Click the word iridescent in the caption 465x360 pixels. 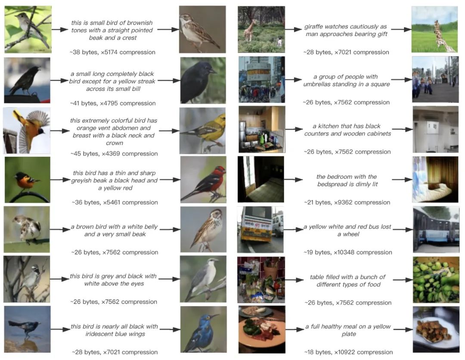tap(99, 334)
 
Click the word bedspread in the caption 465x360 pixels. tap(332, 184)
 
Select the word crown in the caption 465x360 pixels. tap(115, 143)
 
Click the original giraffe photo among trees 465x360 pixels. tap(261, 29)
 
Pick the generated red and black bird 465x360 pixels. tap(203, 180)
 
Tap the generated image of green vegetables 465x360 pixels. tap(436, 280)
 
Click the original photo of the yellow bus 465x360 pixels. tap(260, 230)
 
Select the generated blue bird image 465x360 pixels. tap(203, 329)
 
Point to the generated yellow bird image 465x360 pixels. tap(202, 131)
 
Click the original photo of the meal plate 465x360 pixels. tap(262, 329)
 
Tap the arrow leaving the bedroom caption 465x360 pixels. tap(402, 180)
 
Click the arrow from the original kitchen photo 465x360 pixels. tap(294, 129)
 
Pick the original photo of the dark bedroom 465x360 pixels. tap(260, 180)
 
